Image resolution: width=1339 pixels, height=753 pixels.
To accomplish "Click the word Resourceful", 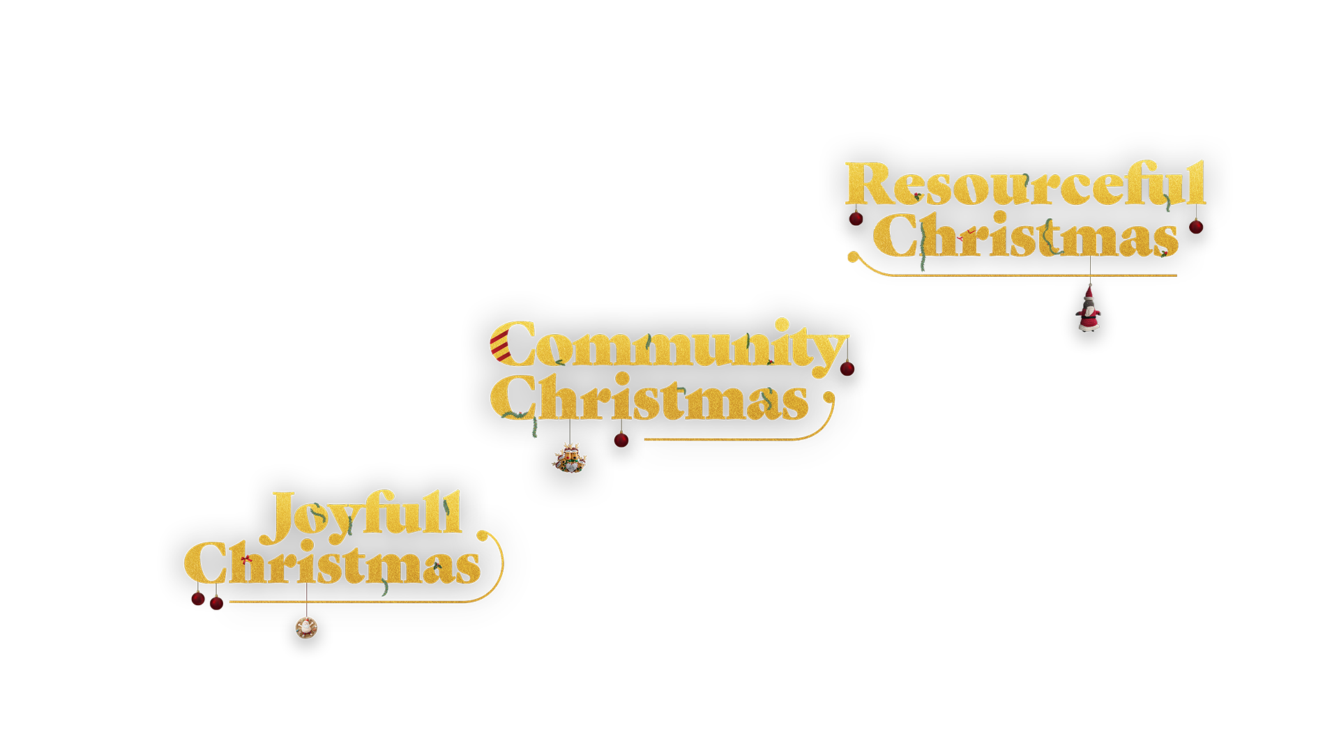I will point(1025,184).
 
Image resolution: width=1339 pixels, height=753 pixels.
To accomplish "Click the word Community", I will point(668,345).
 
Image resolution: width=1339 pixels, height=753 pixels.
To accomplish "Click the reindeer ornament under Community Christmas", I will point(570,457).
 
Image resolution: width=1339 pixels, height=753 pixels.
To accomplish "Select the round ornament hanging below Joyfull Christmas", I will point(306,627).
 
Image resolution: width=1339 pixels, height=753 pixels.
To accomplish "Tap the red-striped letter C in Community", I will point(510,344).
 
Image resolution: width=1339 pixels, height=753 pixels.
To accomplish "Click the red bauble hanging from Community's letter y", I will point(847,368).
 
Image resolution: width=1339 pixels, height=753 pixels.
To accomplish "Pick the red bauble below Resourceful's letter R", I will point(856,218).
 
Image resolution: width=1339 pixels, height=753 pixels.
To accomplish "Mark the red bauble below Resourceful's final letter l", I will point(1196,227).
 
